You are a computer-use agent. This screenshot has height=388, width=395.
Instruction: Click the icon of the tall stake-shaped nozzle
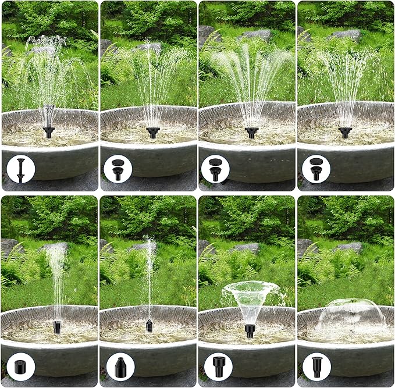pyautogui.click(x=21, y=169)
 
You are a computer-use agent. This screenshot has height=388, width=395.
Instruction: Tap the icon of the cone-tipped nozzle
pyautogui.click(x=120, y=366)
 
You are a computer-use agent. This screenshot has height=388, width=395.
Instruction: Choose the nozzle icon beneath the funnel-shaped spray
pyautogui.click(x=219, y=366)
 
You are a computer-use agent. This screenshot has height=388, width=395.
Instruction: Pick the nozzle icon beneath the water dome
pyautogui.click(x=317, y=366)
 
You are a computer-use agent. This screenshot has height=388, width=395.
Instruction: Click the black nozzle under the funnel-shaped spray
pyautogui.click(x=250, y=330)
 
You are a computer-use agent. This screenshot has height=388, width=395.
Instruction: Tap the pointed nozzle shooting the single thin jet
pyautogui.click(x=149, y=326)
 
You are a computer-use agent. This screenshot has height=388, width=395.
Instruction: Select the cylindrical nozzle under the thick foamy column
pyautogui.click(x=57, y=326)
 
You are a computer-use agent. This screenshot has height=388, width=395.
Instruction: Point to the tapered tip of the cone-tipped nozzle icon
pyautogui.click(x=120, y=359)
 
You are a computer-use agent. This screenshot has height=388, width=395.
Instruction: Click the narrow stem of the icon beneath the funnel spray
pyautogui.click(x=219, y=372)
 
